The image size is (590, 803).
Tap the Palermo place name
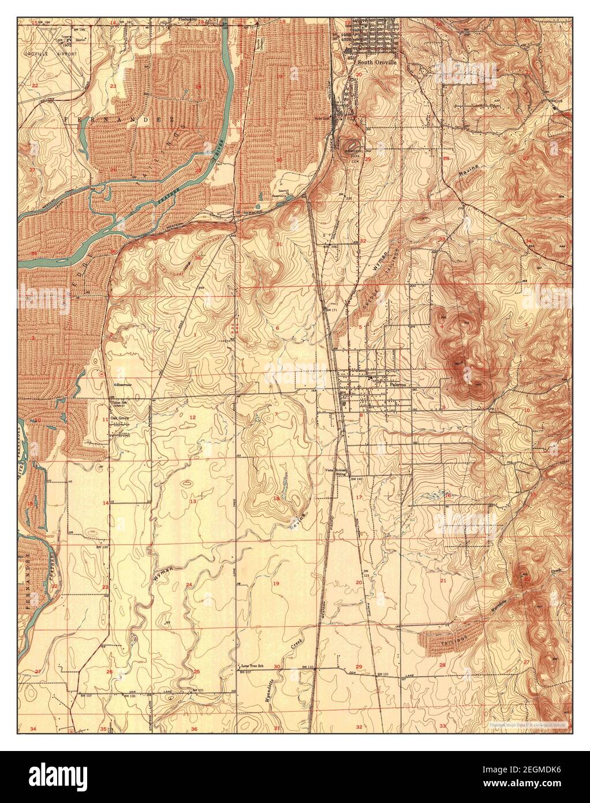point(398,383)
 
